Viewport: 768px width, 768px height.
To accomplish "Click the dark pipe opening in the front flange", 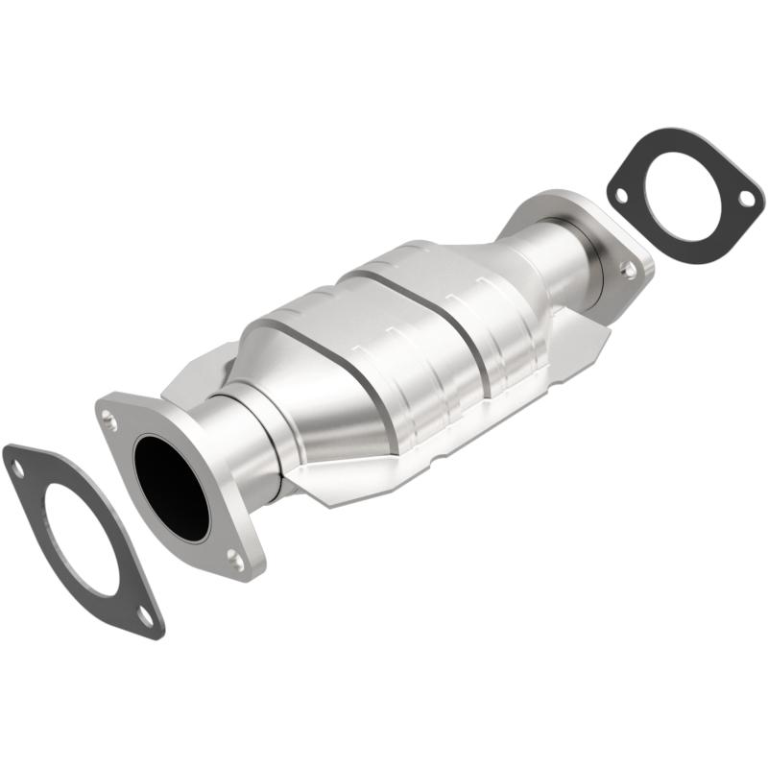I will pos(172,486).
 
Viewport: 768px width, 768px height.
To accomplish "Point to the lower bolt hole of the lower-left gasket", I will pos(144,615).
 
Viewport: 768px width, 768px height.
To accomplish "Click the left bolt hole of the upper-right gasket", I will pos(621,196).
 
